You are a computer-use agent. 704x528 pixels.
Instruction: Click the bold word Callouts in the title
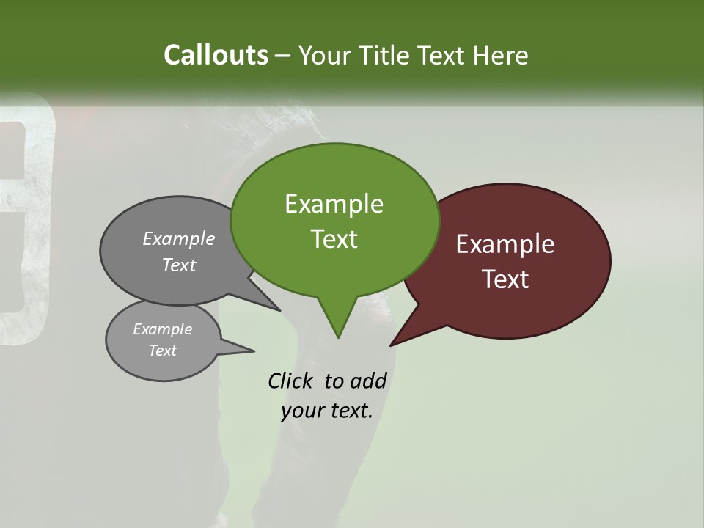tap(216, 55)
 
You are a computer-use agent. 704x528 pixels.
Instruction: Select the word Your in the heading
tap(326, 55)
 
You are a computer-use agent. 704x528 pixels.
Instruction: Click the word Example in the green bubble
tap(334, 204)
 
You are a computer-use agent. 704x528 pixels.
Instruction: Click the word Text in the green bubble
tap(334, 239)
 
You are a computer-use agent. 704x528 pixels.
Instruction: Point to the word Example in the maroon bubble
tap(505, 244)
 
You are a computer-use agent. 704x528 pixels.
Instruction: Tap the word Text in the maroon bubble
tap(505, 279)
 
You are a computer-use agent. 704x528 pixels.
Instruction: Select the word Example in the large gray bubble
tap(179, 238)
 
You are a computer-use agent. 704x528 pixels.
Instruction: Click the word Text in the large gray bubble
tap(179, 265)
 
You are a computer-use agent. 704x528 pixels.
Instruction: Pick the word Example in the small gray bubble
tap(163, 329)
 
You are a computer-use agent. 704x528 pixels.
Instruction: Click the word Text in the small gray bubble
tap(163, 351)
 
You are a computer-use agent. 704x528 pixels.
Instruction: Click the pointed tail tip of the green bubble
tap(338, 338)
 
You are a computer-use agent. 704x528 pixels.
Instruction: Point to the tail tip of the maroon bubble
tap(390, 345)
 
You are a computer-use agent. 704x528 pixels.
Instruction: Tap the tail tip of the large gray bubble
tap(281, 311)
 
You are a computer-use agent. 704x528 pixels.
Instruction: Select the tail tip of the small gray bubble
tap(254, 351)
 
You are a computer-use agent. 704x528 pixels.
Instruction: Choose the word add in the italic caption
tap(368, 381)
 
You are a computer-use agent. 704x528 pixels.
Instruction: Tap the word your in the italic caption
tap(301, 411)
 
